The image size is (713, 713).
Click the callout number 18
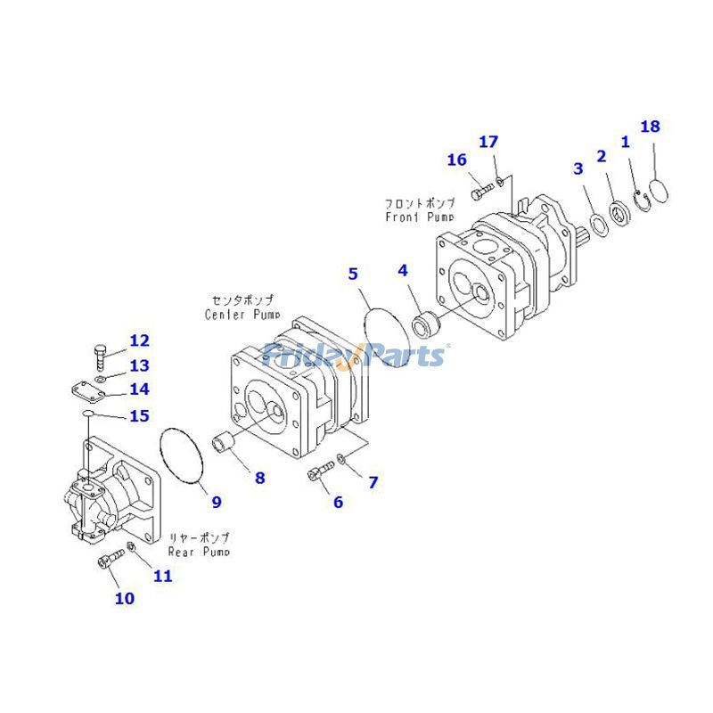tap(651, 126)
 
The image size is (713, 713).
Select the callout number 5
tap(353, 274)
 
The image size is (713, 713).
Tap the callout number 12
tap(139, 340)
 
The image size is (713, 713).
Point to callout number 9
tap(217, 502)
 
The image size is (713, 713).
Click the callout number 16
tap(457, 160)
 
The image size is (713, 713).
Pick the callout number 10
tap(125, 598)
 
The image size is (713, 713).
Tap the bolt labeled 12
tap(101, 357)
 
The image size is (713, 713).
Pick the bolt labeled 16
tap(481, 188)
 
